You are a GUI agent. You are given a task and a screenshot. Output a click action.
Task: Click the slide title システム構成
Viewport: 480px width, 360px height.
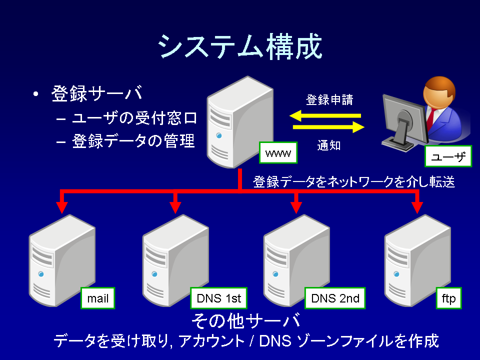(240, 46)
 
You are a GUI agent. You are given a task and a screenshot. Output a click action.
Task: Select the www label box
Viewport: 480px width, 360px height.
(278, 152)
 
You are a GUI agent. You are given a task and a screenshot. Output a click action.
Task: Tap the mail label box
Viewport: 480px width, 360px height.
(97, 298)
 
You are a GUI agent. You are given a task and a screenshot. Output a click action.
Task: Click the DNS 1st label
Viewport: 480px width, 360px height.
(218, 298)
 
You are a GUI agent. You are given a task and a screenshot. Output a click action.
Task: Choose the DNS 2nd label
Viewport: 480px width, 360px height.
(335, 298)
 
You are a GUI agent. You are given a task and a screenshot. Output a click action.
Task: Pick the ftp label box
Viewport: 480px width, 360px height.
(449, 298)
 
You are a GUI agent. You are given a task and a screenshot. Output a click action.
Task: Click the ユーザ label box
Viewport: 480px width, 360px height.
(448, 156)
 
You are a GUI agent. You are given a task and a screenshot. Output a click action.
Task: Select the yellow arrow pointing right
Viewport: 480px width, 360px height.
(328, 126)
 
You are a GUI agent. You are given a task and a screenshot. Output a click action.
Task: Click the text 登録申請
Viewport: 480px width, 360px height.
(329, 100)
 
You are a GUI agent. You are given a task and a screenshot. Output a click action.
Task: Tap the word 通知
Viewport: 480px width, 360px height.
(329, 145)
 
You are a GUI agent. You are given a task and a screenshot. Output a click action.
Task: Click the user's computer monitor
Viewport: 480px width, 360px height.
(404, 121)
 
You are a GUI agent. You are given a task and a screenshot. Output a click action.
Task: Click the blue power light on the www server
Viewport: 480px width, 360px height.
(219, 135)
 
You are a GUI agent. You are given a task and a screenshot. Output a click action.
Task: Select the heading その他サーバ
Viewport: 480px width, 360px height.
(246, 321)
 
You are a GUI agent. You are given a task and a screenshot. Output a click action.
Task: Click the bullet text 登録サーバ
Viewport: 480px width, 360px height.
(96, 93)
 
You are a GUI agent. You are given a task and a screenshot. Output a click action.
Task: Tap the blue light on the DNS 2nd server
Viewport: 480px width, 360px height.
(275, 274)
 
